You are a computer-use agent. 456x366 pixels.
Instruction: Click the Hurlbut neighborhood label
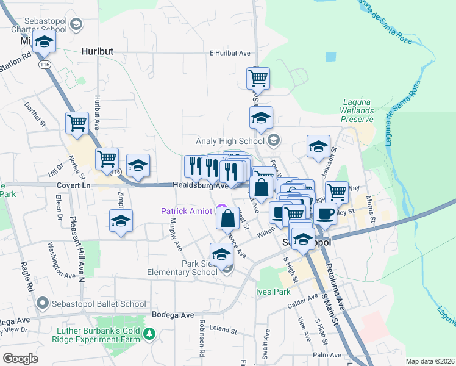pyautogui.click(x=97, y=52)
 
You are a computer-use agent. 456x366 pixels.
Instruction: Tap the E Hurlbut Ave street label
pyautogui.click(x=230, y=53)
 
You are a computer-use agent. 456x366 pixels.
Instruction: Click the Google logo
pyautogui.click(x=20, y=359)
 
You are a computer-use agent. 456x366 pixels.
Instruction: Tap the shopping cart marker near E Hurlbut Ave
pyautogui.click(x=258, y=78)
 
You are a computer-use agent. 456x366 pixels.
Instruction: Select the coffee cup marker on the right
pyautogui.click(x=324, y=213)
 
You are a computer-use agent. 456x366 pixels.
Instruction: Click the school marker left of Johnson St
pyautogui.click(x=318, y=147)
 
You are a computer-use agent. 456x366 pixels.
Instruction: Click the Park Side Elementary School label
pyautogui.click(x=182, y=268)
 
